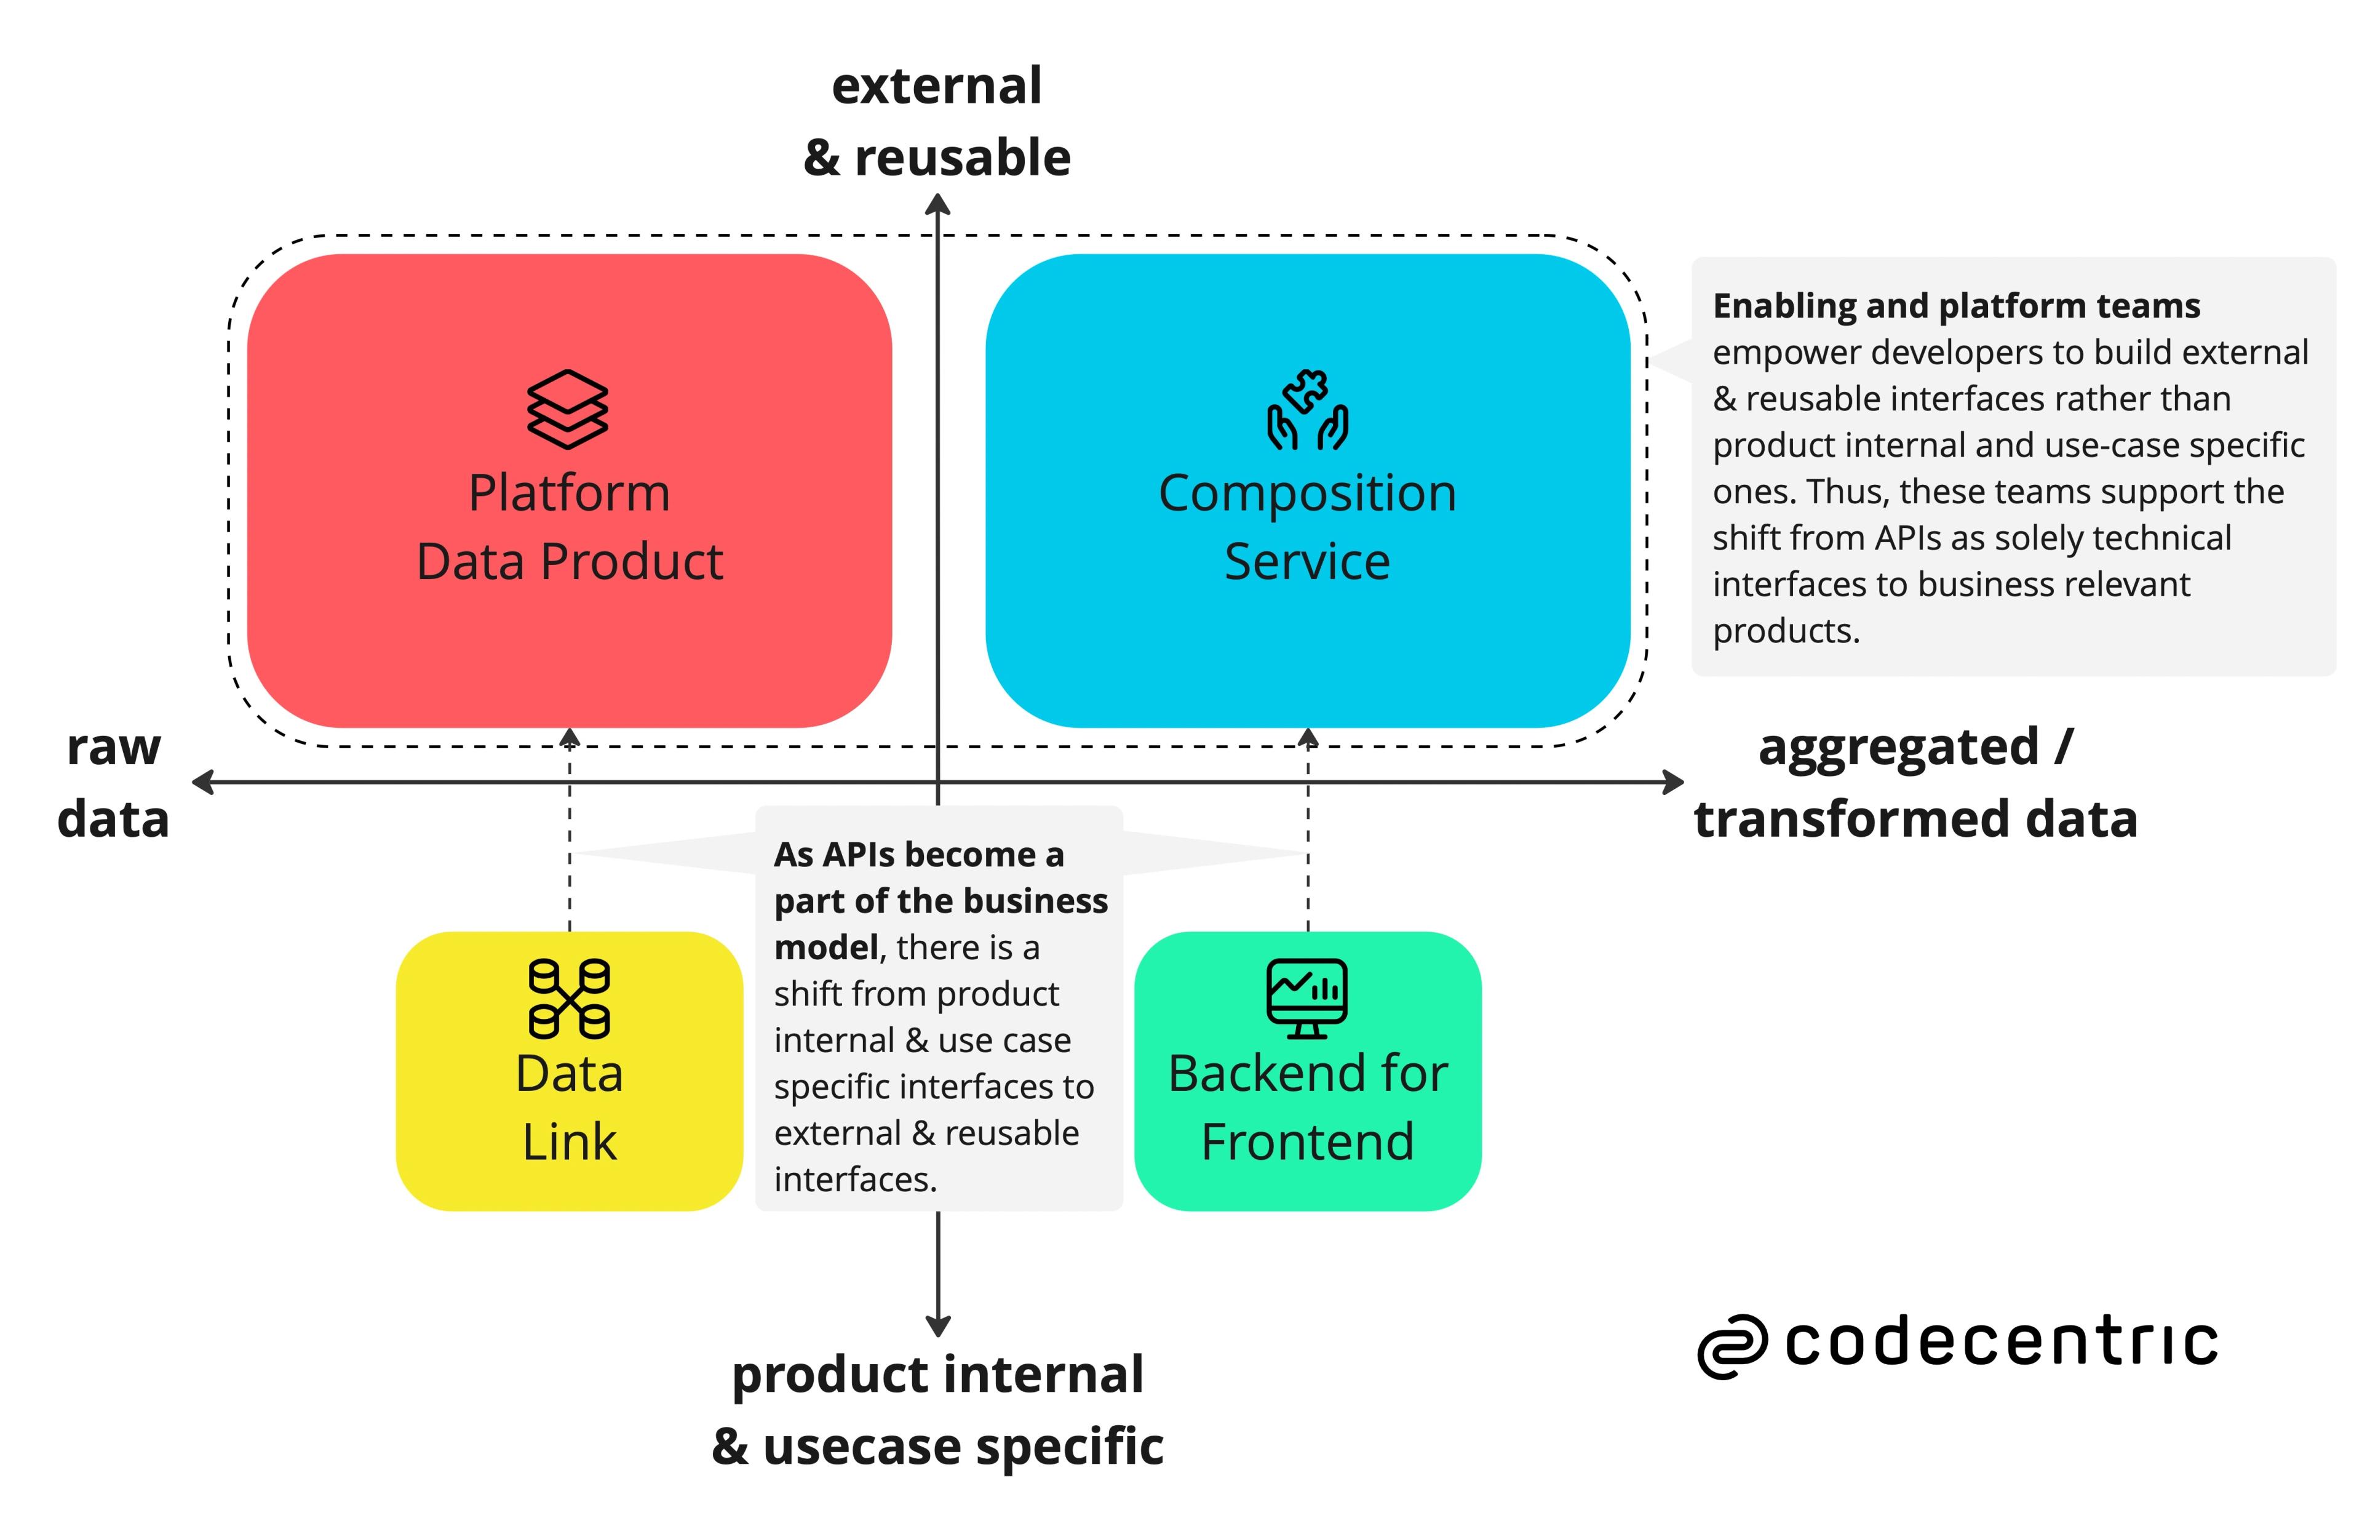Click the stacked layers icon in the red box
pyautogui.click(x=568, y=409)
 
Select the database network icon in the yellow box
pyautogui.click(x=568, y=997)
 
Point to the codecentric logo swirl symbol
pyautogui.click(x=1732, y=1346)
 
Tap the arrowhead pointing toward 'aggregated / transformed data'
pyautogui.click(x=1672, y=783)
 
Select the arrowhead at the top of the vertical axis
pyautogui.click(x=938, y=204)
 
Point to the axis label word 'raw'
pyautogui.click(x=113, y=747)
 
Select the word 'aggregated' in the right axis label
pyautogui.click(x=1898, y=747)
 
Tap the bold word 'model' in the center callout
pyautogui.click(x=825, y=947)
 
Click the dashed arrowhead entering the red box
pyautogui.click(x=570, y=737)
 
